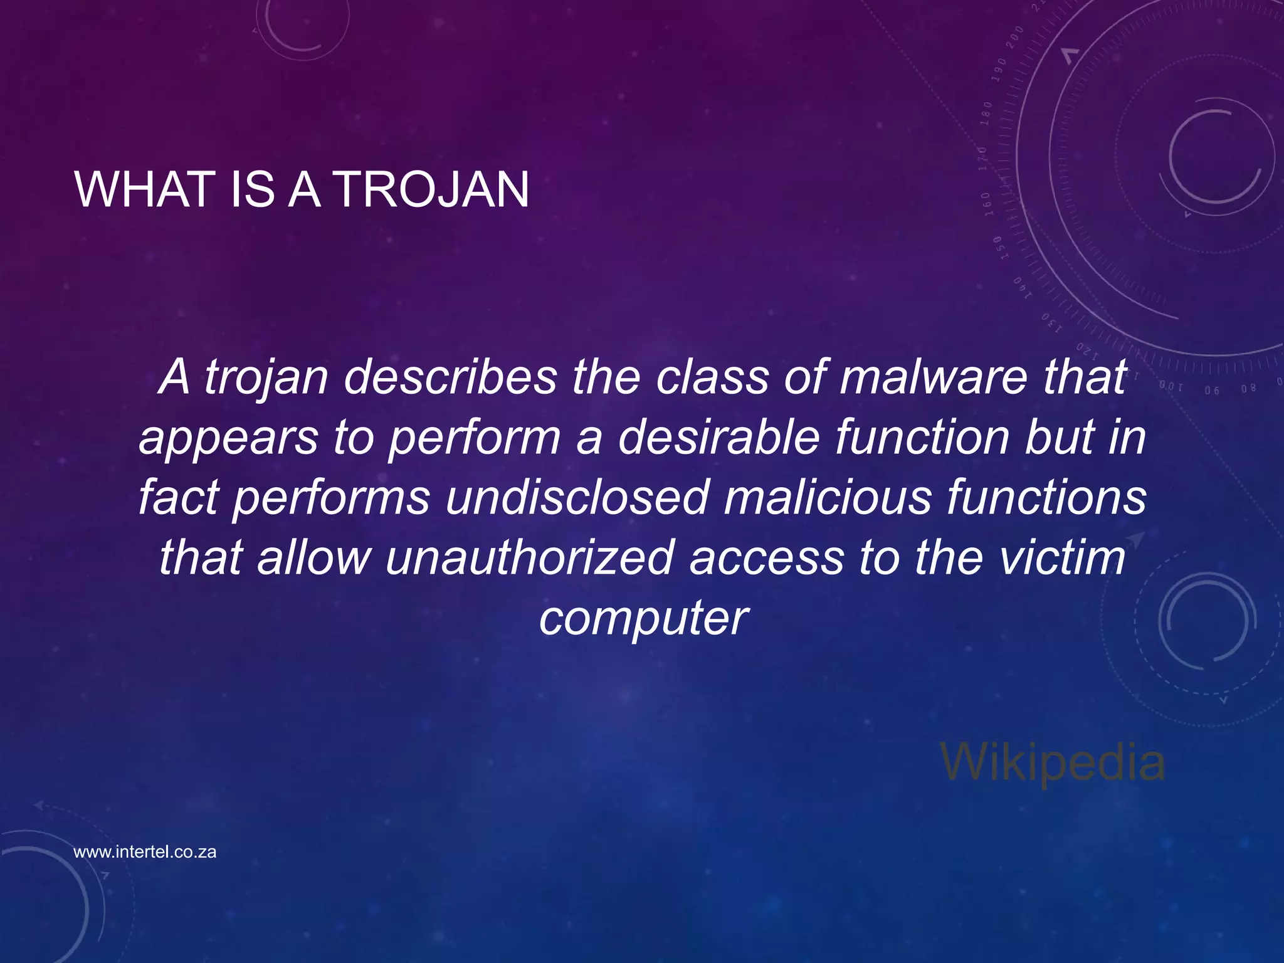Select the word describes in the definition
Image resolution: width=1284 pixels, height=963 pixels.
(450, 378)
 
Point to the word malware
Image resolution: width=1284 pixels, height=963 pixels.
(934, 378)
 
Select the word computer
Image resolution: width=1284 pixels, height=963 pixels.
(643, 618)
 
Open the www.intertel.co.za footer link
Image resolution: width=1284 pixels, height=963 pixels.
(145, 852)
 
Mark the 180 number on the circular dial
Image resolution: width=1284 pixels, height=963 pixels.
(987, 113)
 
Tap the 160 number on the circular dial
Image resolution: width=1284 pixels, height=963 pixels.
(986, 204)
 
